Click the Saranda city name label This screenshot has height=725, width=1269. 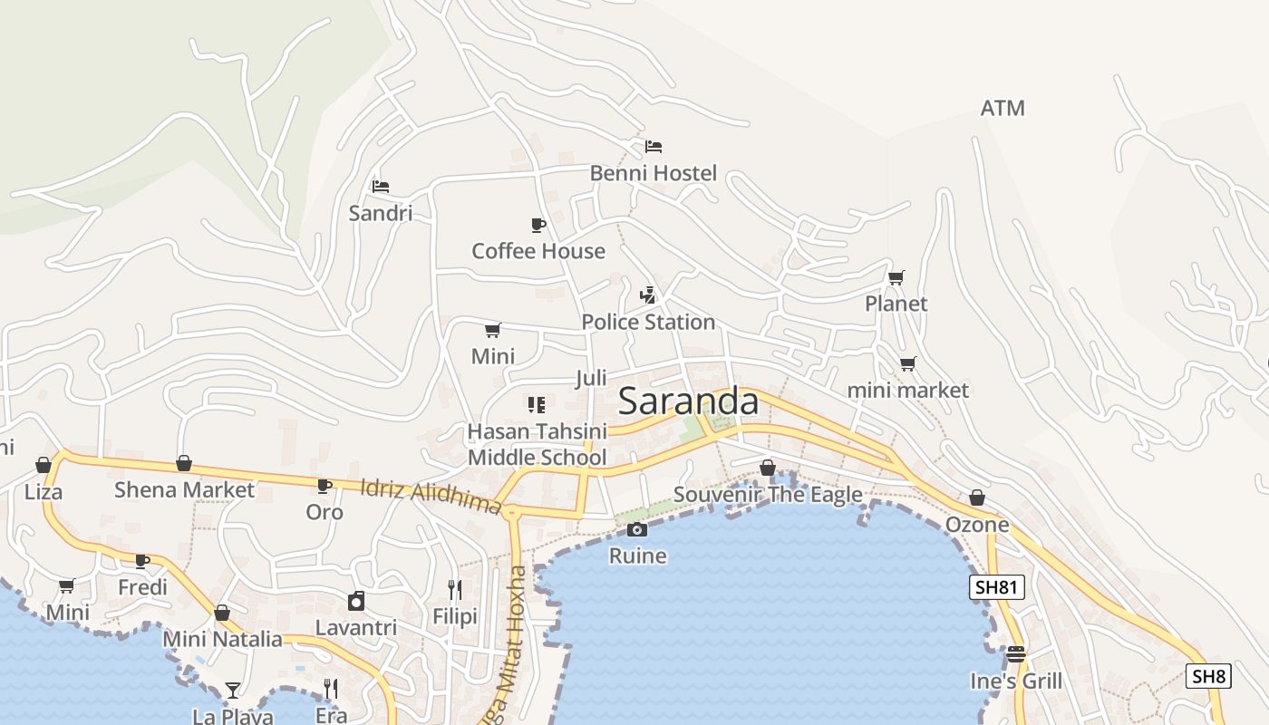[688, 401]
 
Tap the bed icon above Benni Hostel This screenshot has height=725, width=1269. [654, 146]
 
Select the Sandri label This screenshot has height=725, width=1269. [381, 213]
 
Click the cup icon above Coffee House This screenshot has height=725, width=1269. [538, 225]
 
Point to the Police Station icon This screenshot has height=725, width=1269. [647, 295]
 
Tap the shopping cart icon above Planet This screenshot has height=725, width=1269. [896, 277]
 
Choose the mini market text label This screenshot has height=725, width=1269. [907, 391]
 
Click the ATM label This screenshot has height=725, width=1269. [1003, 108]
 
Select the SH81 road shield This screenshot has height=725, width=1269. [996, 587]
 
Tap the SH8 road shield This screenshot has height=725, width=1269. [1208, 675]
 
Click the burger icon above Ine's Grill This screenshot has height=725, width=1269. [1015, 654]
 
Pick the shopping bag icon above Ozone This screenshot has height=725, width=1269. [976, 498]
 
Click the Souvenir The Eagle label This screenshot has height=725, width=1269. [768, 495]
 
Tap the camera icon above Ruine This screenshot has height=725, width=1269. [637, 529]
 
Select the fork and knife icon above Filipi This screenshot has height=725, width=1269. [455, 590]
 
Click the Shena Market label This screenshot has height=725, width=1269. [184, 490]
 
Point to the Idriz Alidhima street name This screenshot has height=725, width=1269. [431, 496]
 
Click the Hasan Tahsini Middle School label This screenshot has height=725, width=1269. [537, 444]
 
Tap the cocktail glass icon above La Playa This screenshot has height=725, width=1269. [233, 690]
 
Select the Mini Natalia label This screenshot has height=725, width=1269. [222, 639]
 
